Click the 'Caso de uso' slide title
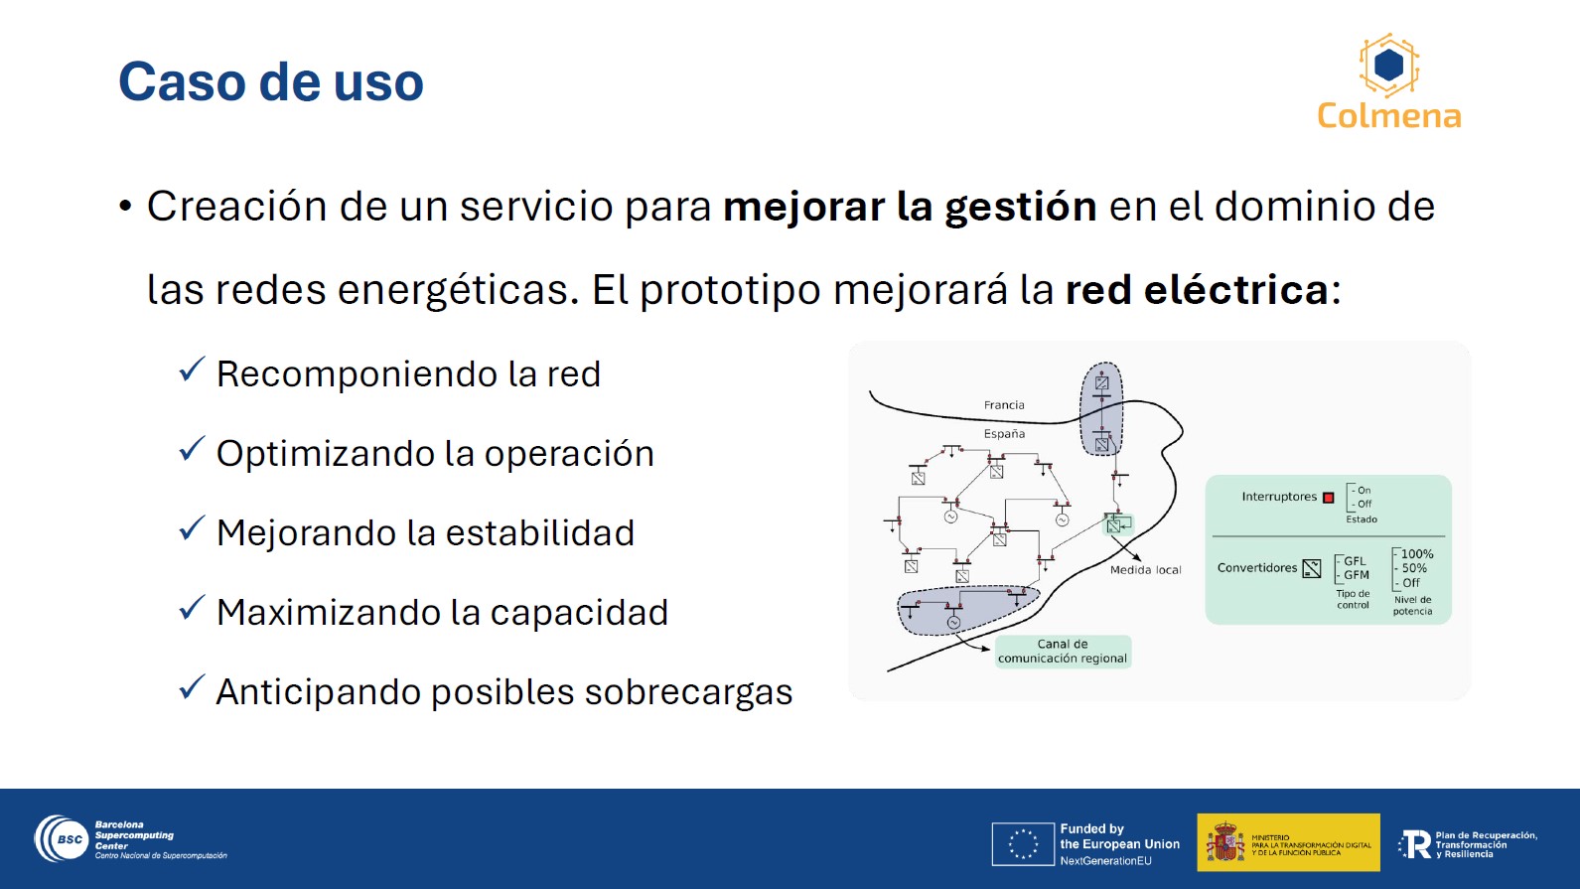click(271, 81)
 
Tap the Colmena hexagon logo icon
click(1389, 66)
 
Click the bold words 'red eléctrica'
click(1197, 289)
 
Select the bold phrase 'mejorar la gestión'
click(910, 207)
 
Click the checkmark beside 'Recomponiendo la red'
click(191, 369)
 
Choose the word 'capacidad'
click(579, 613)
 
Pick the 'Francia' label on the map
click(1004, 405)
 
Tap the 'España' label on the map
click(1004, 434)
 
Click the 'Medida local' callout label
click(1145, 570)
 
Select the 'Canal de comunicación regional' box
click(1063, 652)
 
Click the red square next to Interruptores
click(1329, 498)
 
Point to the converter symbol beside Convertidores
click(1312, 568)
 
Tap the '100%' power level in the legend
click(1416, 554)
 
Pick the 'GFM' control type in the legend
click(1357, 575)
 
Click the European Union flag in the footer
click(1023, 844)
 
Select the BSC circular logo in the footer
click(63, 839)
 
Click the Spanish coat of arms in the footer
click(1225, 841)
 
